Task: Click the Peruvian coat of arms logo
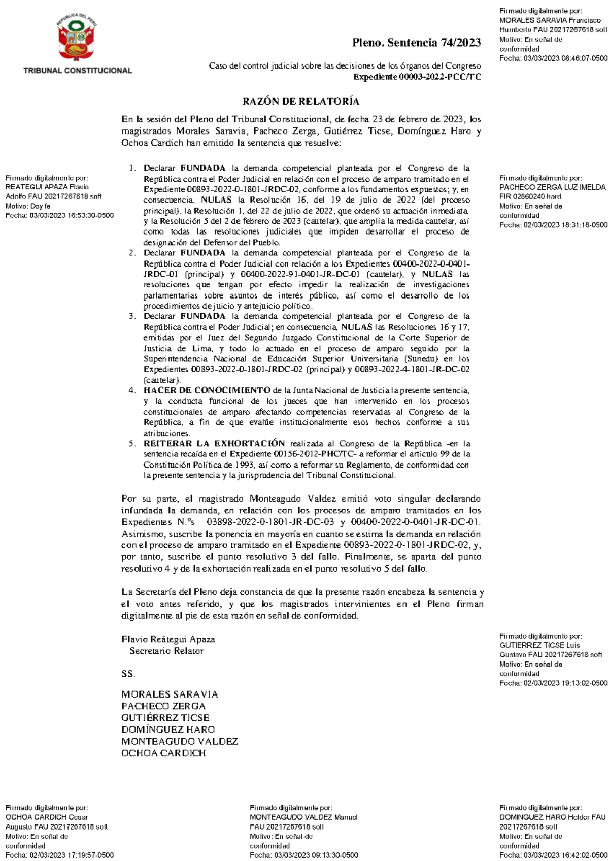point(77,40)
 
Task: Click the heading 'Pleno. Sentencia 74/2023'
point(417,43)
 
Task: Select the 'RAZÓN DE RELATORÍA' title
point(301,101)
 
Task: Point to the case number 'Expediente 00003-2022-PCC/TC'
point(417,77)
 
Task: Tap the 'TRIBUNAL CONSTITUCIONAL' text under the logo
point(78,71)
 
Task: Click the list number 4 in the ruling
point(132,390)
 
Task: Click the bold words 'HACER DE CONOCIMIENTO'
point(207,390)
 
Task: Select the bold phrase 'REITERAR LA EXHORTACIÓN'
point(214,443)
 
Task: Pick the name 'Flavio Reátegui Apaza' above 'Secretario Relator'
point(168,639)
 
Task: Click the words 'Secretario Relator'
point(166,651)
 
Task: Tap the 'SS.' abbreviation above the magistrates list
point(128,674)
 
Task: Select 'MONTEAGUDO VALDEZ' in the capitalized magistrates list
point(180,741)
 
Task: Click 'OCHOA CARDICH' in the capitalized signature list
point(163,753)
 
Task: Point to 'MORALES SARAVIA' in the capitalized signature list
point(170,694)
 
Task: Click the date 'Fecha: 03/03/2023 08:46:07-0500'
point(553,58)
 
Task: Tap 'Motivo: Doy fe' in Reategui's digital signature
point(28,206)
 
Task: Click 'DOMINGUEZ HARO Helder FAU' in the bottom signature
point(552,817)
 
